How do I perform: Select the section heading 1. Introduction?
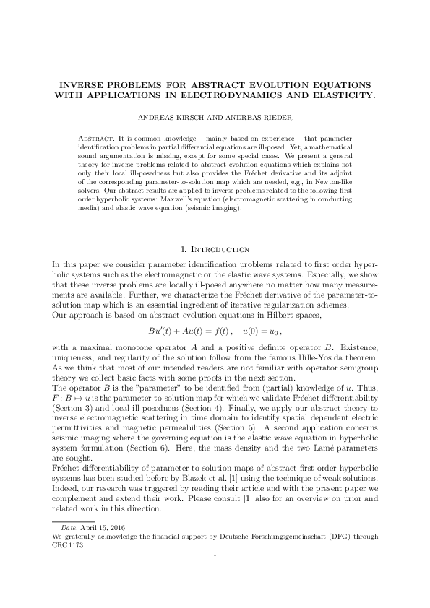click(215, 249)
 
